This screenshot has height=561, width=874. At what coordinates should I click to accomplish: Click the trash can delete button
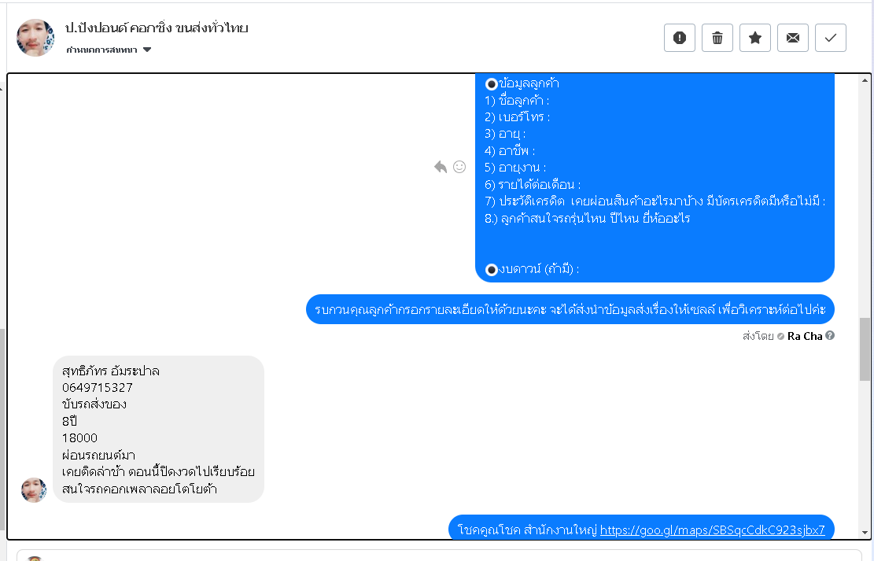(x=717, y=38)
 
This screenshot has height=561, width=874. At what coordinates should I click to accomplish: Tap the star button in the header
(x=755, y=38)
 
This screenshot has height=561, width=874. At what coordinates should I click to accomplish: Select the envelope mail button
(x=793, y=38)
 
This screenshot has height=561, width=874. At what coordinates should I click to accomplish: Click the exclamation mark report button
(x=680, y=38)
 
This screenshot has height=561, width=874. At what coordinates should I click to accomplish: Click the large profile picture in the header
(x=35, y=38)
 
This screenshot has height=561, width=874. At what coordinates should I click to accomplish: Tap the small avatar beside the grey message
(x=34, y=489)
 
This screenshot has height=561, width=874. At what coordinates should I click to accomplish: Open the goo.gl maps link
(x=712, y=530)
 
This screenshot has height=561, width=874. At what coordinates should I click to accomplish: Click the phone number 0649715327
(x=98, y=388)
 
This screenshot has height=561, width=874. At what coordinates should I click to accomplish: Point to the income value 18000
(x=80, y=437)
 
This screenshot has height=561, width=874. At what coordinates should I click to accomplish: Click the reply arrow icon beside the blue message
(x=441, y=167)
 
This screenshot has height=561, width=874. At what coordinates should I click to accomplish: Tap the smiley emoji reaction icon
(x=459, y=167)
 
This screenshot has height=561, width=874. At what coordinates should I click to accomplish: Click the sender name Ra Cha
(x=804, y=336)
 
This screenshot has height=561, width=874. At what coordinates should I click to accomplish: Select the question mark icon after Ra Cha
(x=830, y=336)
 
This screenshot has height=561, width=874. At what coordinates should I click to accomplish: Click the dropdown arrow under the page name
(x=147, y=50)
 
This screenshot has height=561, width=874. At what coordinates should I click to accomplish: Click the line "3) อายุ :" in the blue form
(x=505, y=134)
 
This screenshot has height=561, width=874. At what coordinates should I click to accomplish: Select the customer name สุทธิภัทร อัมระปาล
(x=111, y=371)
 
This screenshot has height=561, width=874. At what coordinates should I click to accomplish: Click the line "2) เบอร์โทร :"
(x=518, y=117)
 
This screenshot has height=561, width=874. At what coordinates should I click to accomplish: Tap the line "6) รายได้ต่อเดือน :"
(x=533, y=185)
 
